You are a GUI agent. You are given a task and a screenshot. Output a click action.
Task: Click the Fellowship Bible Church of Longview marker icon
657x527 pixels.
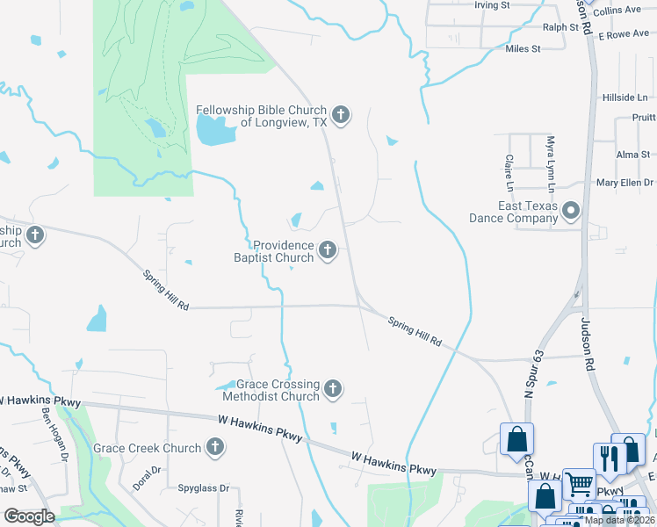(341, 115)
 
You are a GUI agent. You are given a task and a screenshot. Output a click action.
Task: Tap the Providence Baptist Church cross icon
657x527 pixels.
(328, 251)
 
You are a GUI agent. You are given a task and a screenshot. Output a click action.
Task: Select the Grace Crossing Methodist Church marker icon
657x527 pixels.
(333, 388)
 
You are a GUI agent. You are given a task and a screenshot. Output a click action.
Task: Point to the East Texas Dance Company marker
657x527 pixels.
(572, 211)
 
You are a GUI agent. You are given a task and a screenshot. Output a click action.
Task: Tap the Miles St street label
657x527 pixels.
(523, 49)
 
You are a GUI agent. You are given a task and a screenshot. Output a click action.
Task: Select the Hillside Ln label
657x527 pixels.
(624, 97)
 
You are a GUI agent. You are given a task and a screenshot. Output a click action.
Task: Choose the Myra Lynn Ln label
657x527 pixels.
(551, 164)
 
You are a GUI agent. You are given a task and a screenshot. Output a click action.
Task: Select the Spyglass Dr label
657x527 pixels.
(203, 488)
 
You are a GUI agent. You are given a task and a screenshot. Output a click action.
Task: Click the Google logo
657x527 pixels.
(30, 516)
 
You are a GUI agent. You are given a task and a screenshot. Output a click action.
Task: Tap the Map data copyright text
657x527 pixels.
(619, 520)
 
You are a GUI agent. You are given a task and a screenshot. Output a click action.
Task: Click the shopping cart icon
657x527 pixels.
(579, 482)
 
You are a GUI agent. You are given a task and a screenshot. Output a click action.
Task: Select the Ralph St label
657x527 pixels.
(560, 27)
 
